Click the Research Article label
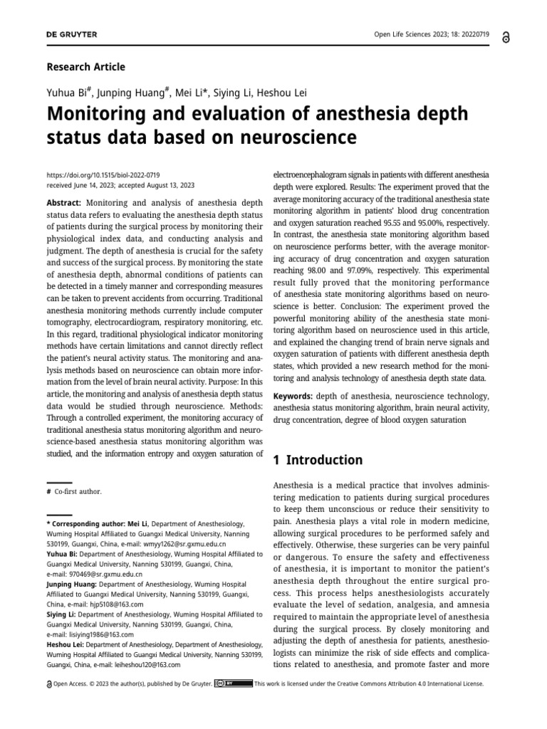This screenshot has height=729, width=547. (x=85, y=67)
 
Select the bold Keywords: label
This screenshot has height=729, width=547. (x=293, y=396)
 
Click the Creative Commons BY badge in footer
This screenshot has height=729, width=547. (x=233, y=683)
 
